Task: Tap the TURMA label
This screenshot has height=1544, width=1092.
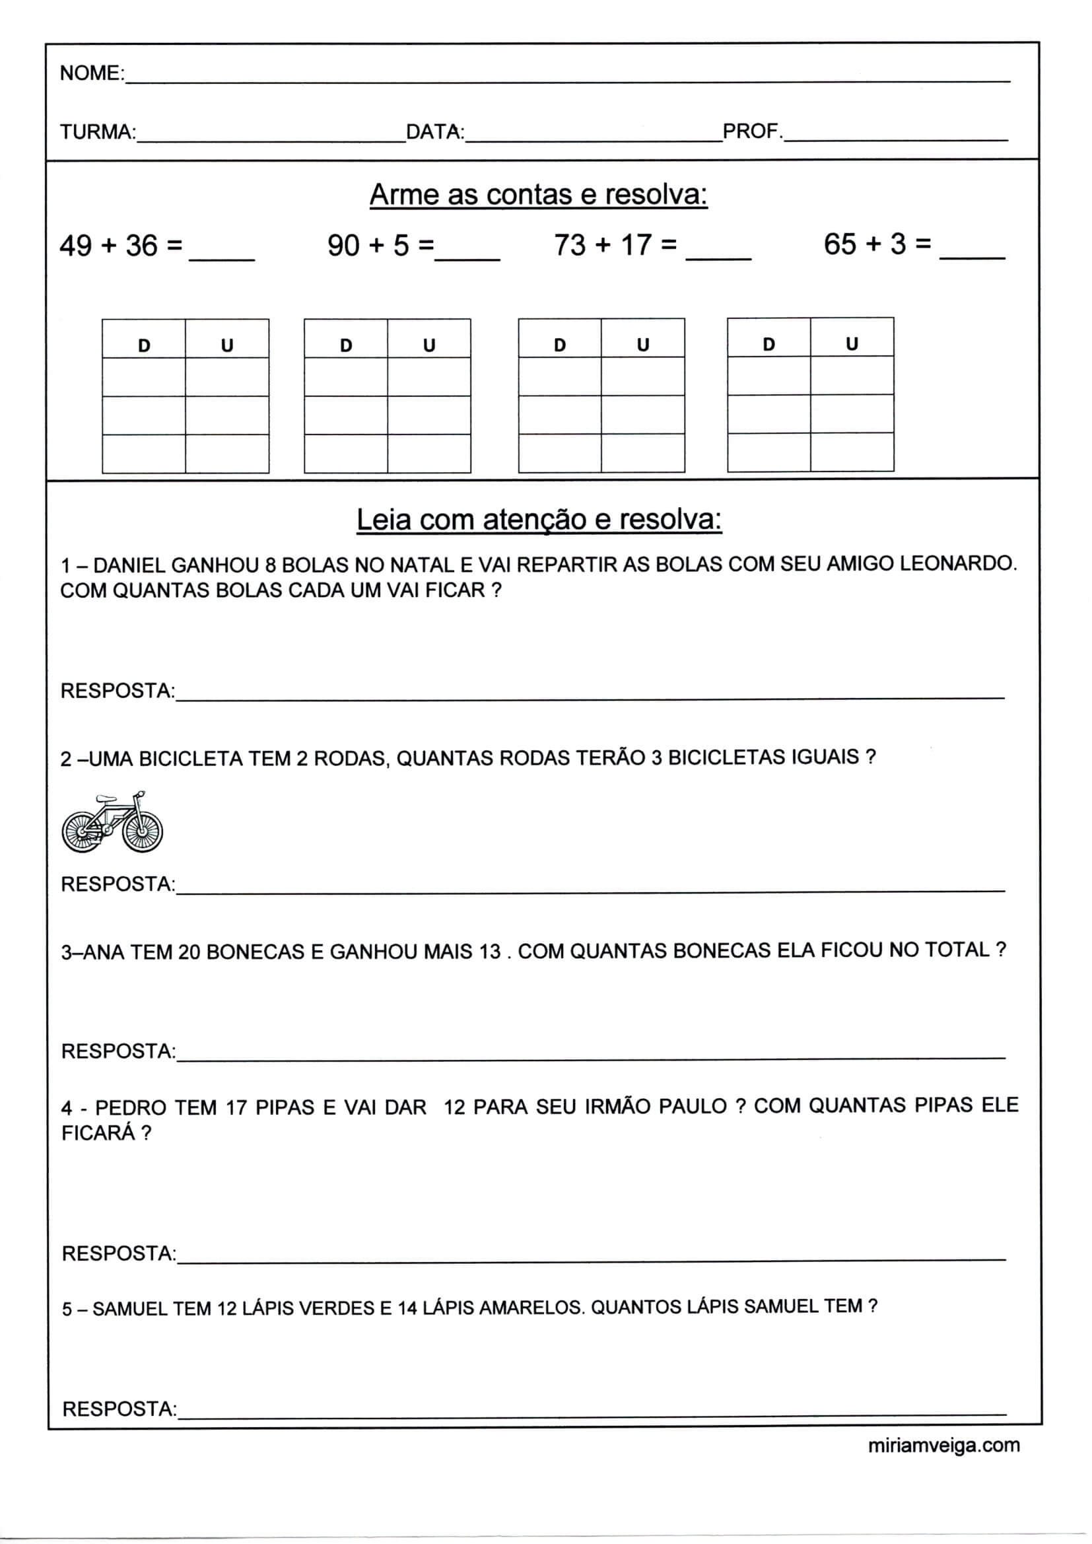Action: [98, 132]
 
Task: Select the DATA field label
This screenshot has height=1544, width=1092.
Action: [434, 132]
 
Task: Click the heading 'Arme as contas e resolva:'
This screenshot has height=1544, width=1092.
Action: [539, 195]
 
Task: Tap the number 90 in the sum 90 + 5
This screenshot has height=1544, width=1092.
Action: [343, 246]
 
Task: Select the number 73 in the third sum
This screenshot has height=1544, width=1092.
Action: [570, 245]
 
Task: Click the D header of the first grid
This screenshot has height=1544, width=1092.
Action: [144, 345]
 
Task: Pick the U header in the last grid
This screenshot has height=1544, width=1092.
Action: [852, 344]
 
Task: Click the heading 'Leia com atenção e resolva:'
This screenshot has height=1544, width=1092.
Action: [539, 520]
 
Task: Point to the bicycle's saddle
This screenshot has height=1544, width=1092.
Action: [105, 800]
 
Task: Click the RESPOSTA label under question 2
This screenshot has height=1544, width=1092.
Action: [118, 884]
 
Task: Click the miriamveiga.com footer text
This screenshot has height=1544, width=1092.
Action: [943, 1445]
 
